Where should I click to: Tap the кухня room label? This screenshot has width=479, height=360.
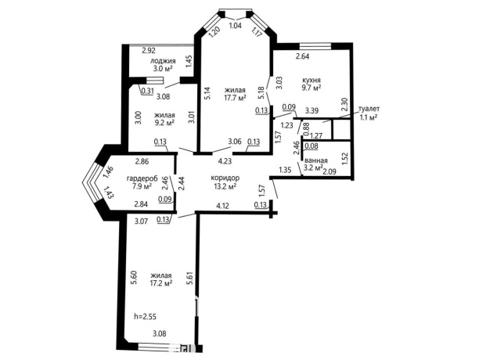click(312, 80)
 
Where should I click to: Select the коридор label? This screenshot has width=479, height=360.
click(225, 178)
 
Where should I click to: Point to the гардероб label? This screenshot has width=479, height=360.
click(142, 178)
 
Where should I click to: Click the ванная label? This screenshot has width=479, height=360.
click(315, 160)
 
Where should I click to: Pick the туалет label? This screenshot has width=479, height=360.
click(369, 109)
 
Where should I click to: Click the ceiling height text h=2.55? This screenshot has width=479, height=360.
click(146, 317)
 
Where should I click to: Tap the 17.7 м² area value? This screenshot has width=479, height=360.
click(236, 98)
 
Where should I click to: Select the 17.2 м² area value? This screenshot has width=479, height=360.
click(161, 283)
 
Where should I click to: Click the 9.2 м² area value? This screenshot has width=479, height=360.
click(164, 122)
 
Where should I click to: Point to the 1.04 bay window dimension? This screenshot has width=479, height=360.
click(236, 26)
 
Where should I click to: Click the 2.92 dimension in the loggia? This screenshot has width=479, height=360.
click(149, 51)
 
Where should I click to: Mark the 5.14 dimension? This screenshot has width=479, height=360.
click(207, 94)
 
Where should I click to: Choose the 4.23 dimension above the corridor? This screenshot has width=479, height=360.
click(225, 161)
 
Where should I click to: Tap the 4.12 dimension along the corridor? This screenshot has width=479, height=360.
click(223, 206)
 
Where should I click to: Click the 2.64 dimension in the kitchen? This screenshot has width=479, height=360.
click(302, 56)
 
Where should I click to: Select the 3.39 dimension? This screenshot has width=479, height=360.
click(312, 110)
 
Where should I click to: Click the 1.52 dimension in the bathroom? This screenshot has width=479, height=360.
click(345, 159)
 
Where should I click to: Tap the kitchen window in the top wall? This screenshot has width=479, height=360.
click(315, 46)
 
